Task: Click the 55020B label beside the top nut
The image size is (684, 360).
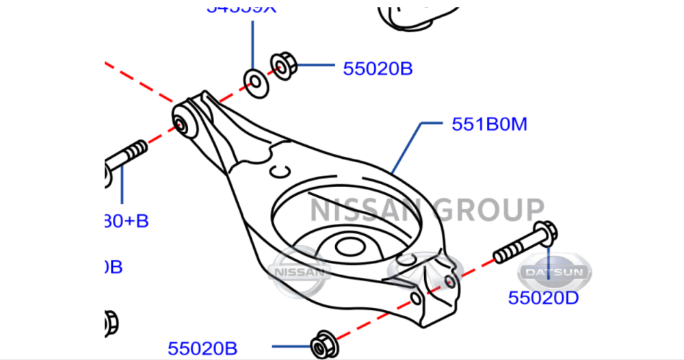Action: tap(378, 68)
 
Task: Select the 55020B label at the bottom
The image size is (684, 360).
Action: tap(202, 349)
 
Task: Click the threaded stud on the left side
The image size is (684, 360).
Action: tap(127, 155)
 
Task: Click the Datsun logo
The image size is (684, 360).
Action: tap(554, 272)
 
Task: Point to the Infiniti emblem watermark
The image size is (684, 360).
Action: tap(419, 267)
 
